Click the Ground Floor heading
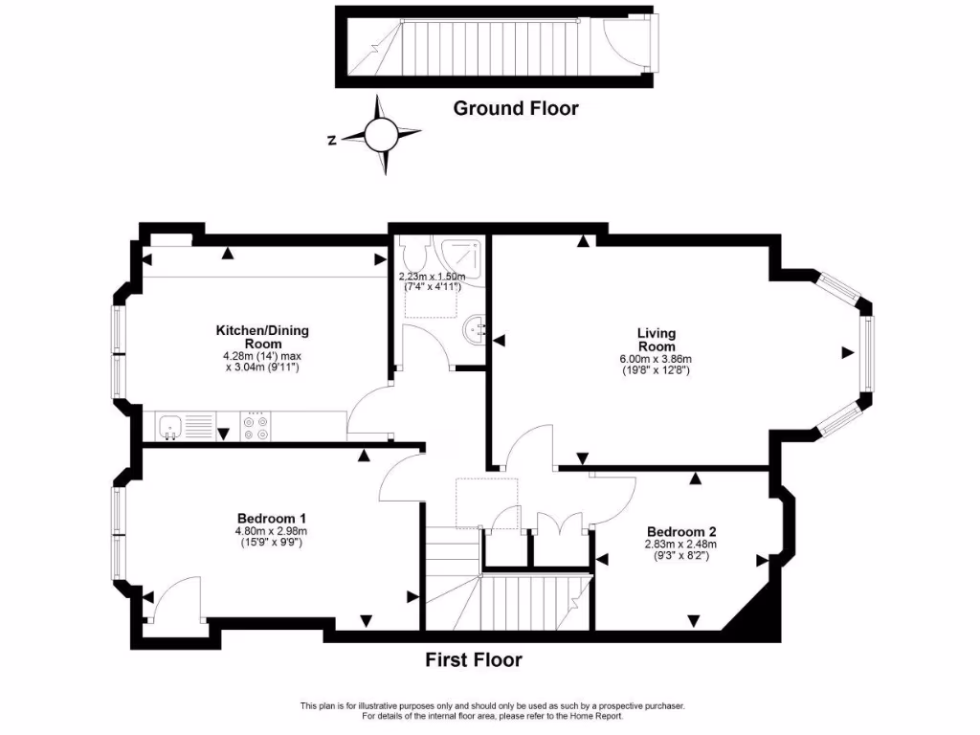pyautogui.click(x=515, y=108)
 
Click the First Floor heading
pyautogui.click(x=474, y=659)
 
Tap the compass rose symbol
pyautogui.click(x=381, y=136)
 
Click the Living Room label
pyautogui.click(x=657, y=340)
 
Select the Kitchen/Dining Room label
pyautogui.click(x=262, y=337)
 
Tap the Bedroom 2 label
pyautogui.click(x=681, y=532)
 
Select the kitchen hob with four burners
pyautogui.click(x=256, y=426)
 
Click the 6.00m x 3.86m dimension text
pyautogui.click(x=656, y=360)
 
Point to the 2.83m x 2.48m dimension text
pyautogui.click(x=681, y=546)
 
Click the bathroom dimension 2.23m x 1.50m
pyautogui.click(x=432, y=277)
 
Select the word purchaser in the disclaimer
pyautogui.click(x=659, y=705)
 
